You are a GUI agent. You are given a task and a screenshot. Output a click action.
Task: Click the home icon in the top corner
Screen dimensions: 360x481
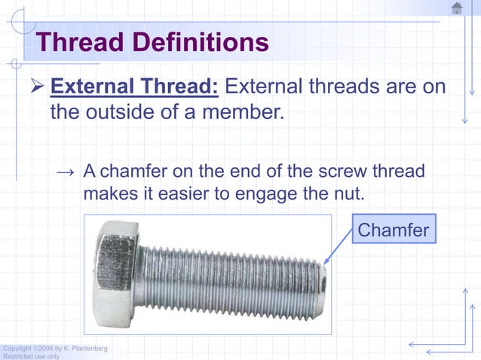tap(457, 8)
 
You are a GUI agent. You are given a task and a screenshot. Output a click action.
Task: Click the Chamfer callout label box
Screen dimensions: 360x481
tap(394, 228)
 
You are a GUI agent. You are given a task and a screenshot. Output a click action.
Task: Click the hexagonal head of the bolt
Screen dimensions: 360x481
tap(114, 273)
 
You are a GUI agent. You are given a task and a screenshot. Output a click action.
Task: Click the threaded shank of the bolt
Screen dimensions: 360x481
tap(226, 279)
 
